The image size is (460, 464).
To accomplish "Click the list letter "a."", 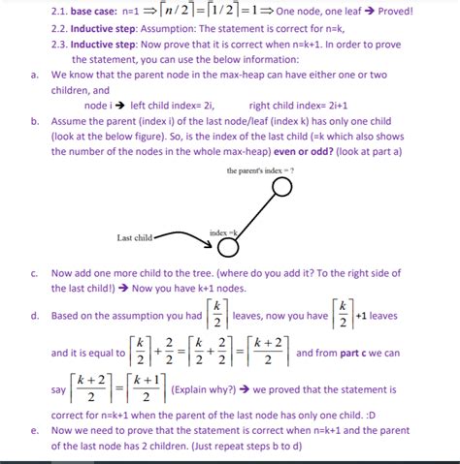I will [x=35, y=74].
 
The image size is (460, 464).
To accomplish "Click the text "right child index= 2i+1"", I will [x=295, y=105].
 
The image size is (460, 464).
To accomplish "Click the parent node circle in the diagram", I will [x=280, y=188].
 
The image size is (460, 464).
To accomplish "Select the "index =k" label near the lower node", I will [x=224, y=232].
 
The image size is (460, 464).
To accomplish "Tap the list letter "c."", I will [x=35, y=274].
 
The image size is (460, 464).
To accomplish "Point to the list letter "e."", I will [x=35, y=429].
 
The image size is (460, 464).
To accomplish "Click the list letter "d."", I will [x=35, y=315].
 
